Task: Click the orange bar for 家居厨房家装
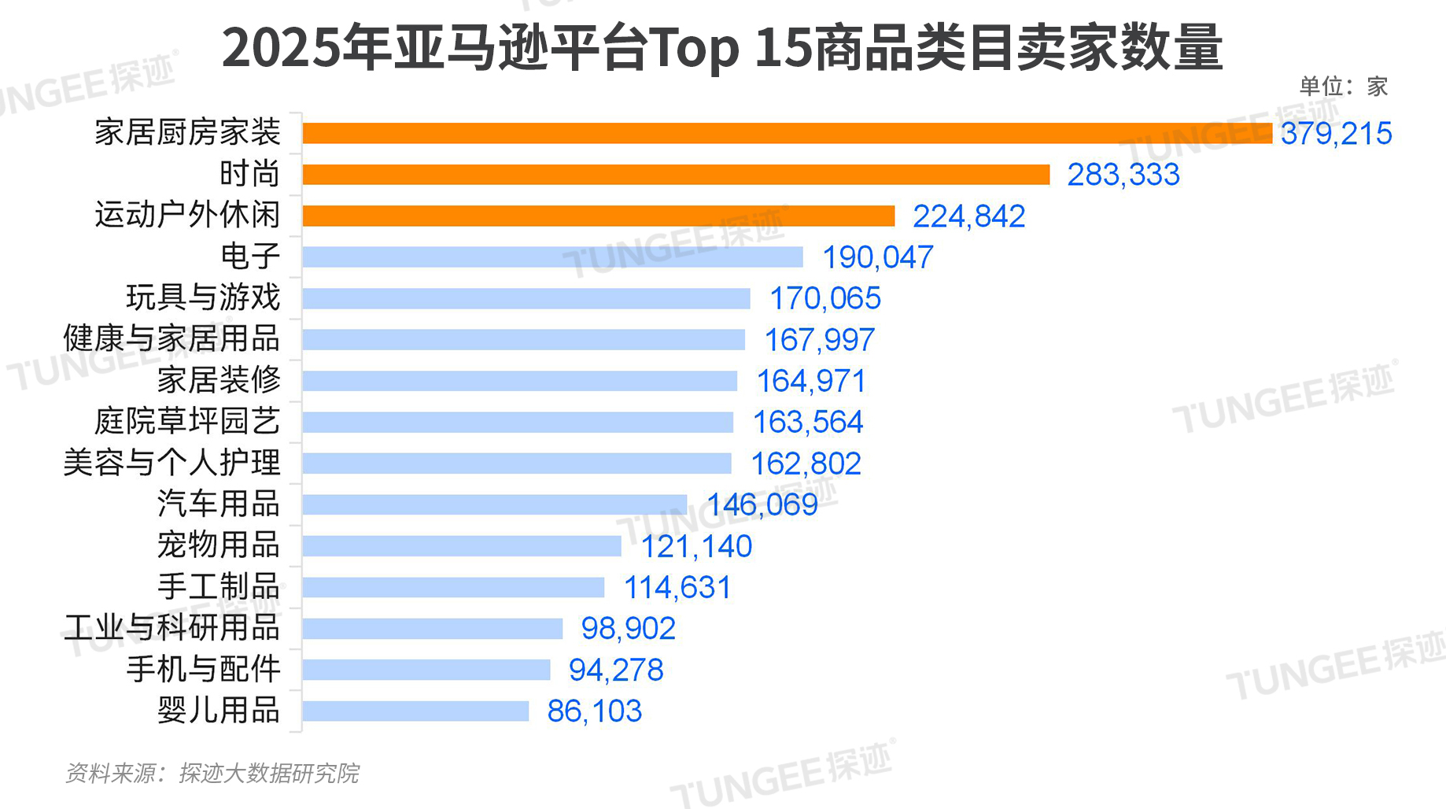tap(787, 133)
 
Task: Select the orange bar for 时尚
tap(676, 175)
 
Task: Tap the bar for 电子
tap(552, 257)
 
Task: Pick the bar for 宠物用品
tap(462, 545)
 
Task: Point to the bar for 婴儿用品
tap(415, 711)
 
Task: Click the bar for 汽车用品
tap(494, 504)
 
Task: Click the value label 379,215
tap(1336, 134)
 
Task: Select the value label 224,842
tap(968, 216)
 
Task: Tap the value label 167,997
tap(819, 340)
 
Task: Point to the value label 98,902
tap(628, 629)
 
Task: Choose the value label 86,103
tap(594, 711)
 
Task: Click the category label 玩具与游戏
tap(203, 297)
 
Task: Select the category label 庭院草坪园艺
tap(187, 421)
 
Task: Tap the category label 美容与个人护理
tap(172, 463)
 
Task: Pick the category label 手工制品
tap(219, 586)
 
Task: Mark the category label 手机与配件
tap(203, 669)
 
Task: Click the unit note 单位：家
tap(1343, 87)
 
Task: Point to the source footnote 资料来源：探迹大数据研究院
tap(212, 774)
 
